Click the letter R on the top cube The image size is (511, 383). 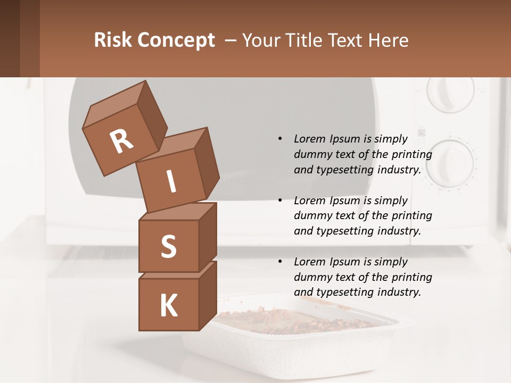pos(121,141)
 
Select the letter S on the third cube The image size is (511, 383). pos(168,246)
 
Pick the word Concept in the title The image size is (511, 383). pos(176,40)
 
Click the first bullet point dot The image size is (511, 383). pos(280,139)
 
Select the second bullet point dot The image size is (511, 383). pos(280,201)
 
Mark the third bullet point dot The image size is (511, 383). pos(280,262)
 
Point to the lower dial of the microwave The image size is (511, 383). pos(450,163)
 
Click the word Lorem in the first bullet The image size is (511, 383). pos(309,139)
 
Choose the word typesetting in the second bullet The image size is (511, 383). pos(341,231)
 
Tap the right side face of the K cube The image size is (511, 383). pos(208,295)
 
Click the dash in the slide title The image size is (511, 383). pos(230,40)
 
